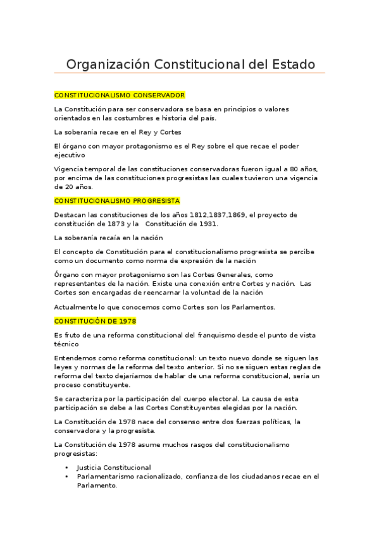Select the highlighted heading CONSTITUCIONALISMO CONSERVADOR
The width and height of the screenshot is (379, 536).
pyautogui.click(x=120, y=95)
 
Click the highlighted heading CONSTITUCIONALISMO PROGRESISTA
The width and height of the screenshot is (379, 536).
pyautogui.click(x=117, y=200)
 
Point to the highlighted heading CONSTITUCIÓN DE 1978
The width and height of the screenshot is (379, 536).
pyautogui.click(x=95, y=320)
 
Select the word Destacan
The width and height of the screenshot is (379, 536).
pyautogui.click(x=70, y=215)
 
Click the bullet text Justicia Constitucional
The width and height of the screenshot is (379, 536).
pyautogui.click(x=114, y=468)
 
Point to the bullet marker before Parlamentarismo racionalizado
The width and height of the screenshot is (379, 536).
pyautogui.click(x=67, y=477)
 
